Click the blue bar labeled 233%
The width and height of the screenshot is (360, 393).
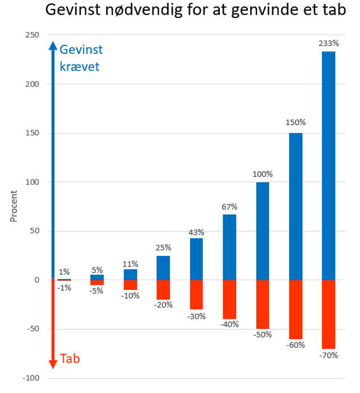click(x=329, y=166)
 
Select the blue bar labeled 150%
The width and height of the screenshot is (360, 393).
click(x=296, y=206)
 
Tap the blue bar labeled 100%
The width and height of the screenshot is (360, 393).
click(x=262, y=231)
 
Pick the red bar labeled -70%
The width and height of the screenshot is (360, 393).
click(x=329, y=314)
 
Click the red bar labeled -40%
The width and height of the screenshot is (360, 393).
click(x=229, y=299)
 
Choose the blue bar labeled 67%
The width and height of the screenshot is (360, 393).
click(x=229, y=247)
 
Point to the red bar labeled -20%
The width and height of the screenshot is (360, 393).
click(x=163, y=290)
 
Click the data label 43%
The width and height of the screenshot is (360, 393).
click(x=196, y=232)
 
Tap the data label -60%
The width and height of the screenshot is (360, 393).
click(x=296, y=345)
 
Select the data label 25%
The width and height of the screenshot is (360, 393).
click(x=163, y=248)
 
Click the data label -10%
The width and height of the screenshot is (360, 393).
click(x=130, y=296)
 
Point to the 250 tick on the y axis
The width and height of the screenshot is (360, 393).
click(x=31, y=35)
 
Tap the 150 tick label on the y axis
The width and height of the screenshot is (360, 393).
click(x=31, y=133)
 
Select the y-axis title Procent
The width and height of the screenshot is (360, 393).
click(x=14, y=207)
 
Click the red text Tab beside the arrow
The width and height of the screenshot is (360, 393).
click(x=70, y=358)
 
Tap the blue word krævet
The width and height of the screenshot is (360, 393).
click(x=80, y=66)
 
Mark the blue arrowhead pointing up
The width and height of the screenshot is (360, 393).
click(x=53, y=45)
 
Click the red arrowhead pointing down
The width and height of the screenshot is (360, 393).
click(x=53, y=364)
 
